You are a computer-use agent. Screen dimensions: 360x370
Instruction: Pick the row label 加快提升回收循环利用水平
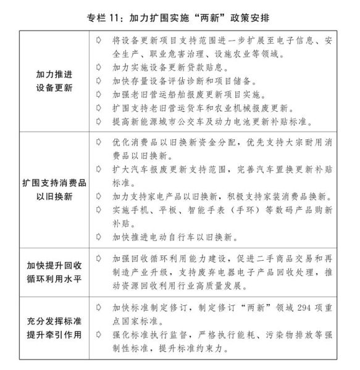coord(54,270)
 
